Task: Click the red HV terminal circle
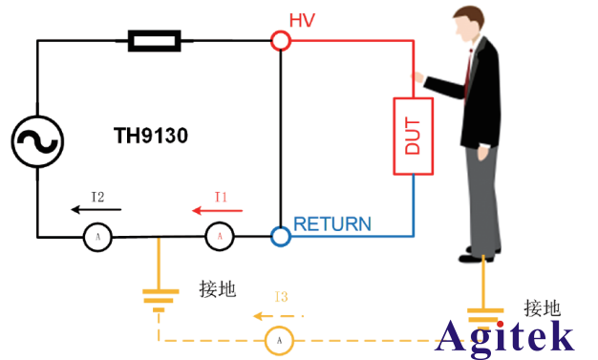click(x=280, y=40)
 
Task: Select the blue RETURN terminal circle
click(x=280, y=236)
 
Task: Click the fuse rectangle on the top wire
click(x=153, y=40)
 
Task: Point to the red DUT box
click(x=413, y=135)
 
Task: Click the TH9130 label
click(x=151, y=137)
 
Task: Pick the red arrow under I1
click(x=217, y=210)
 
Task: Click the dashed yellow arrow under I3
click(x=278, y=314)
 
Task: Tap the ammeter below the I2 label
click(x=97, y=236)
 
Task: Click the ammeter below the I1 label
click(x=220, y=236)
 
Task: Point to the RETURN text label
click(x=332, y=225)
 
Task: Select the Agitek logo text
click(x=506, y=336)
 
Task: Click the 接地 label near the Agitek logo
click(x=542, y=307)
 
